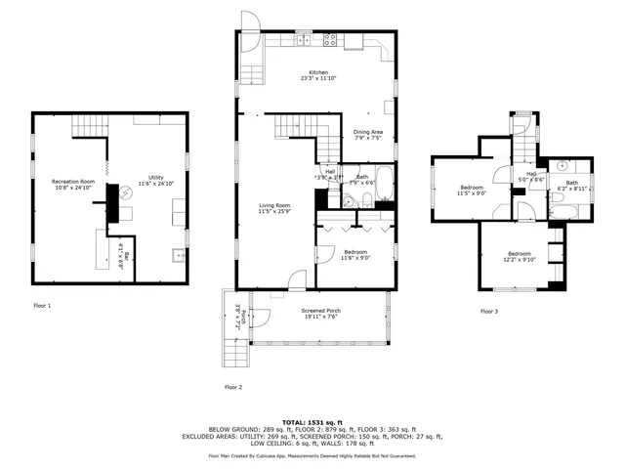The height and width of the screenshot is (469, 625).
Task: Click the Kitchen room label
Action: [x=318, y=72]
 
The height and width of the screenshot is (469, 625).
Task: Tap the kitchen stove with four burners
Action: [x=329, y=40]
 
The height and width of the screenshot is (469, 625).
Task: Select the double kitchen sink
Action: [x=306, y=40]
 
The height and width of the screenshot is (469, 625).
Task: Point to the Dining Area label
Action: [x=368, y=132]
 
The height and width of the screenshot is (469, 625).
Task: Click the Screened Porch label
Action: [x=319, y=310]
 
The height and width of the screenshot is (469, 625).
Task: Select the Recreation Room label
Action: [x=73, y=181]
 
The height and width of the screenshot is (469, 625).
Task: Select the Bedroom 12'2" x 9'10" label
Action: [x=519, y=255]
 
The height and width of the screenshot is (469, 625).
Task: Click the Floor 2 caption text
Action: [x=233, y=387]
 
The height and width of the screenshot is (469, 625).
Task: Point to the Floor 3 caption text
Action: [x=488, y=311]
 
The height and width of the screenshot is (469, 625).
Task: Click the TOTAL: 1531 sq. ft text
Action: [x=312, y=420]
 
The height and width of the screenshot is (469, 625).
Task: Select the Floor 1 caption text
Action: [x=42, y=306]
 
